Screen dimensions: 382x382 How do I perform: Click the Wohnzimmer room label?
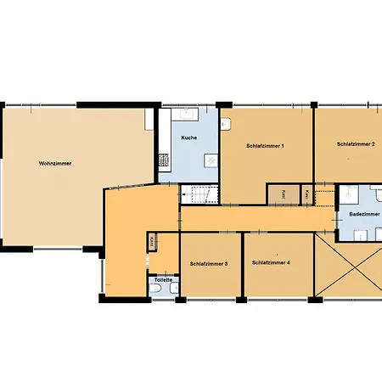54,162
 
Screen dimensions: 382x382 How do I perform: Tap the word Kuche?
189,137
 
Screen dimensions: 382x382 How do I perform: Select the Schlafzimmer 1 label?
265,145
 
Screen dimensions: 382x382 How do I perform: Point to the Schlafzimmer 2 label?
356,144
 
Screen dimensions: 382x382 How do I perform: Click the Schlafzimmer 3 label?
209,263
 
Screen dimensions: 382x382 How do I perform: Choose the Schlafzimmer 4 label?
271,262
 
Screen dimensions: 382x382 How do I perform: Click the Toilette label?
163,279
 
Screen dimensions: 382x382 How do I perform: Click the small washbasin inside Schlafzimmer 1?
226,124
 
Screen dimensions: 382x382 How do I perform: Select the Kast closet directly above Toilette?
151,243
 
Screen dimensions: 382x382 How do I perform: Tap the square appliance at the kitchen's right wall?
212,161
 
